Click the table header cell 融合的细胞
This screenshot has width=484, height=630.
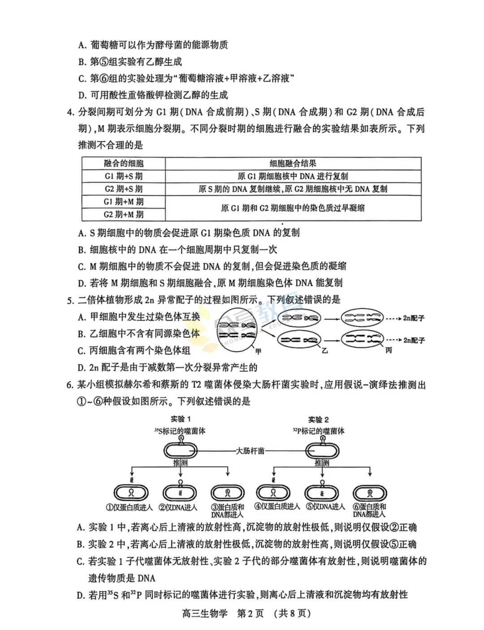coord(124,163)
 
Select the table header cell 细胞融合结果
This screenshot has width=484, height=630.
coord(293,163)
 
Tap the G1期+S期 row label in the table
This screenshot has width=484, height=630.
coord(124,176)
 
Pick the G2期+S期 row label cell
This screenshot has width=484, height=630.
coord(124,189)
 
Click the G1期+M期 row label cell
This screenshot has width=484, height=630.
coord(124,202)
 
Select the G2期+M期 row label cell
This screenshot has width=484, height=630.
coord(124,214)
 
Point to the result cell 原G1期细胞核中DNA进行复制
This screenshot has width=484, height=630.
coord(293,176)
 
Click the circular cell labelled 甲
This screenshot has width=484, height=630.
coord(237,329)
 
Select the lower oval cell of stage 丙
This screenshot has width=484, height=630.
coord(362,340)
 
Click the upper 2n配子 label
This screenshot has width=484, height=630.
coord(414,318)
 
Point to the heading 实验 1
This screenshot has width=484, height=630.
coord(181,419)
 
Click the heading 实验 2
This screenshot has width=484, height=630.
coord(318,419)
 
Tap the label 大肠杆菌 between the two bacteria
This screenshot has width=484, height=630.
coord(251,451)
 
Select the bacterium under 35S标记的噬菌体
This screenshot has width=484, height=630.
coord(180,451)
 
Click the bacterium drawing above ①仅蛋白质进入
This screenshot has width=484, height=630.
coord(131,493)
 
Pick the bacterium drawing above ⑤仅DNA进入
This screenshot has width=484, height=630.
coord(322,493)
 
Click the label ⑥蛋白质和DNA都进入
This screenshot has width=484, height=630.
coord(369,511)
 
